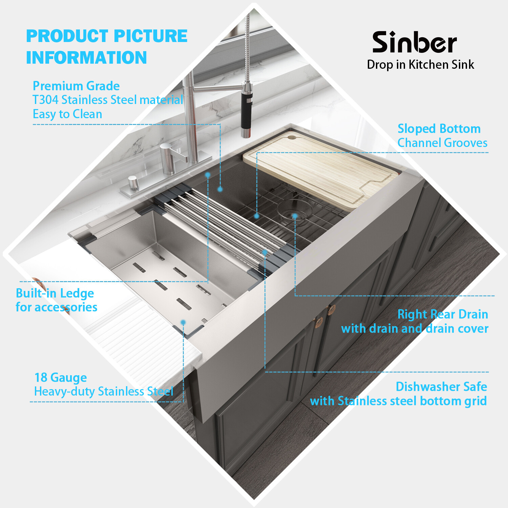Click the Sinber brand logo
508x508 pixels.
click(x=415, y=43)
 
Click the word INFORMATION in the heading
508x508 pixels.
click(x=86, y=58)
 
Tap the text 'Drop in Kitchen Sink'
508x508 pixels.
click(x=420, y=65)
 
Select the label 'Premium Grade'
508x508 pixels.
click(x=76, y=86)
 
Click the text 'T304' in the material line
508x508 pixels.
click(x=45, y=100)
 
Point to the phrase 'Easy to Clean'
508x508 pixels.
click(x=67, y=114)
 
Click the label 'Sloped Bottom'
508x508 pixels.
click(x=439, y=129)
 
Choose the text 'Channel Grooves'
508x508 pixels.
click(x=442, y=143)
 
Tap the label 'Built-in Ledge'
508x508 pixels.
click(x=55, y=293)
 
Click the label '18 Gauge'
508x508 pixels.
click(x=61, y=377)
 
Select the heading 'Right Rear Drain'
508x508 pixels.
click(x=442, y=314)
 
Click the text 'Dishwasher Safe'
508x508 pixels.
click(x=441, y=386)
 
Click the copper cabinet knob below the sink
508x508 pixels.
click(x=331, y=309)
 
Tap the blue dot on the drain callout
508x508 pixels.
click(x=295, y=216)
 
